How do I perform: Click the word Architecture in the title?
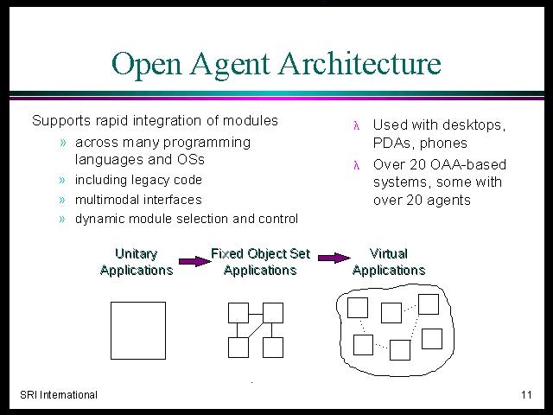point(360,63)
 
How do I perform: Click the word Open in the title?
point(146,64)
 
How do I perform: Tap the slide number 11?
point(526,394)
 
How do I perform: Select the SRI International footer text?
point(59,394)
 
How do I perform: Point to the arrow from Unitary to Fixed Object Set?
point(194,261)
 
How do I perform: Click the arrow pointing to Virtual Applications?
point(334,258)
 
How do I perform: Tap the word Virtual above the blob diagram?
point(388,253)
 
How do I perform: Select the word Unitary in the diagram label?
point(137,254)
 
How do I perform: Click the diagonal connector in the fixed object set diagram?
point(256,330)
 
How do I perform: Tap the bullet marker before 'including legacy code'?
point(62,181)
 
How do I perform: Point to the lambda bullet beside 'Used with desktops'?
point(357,125)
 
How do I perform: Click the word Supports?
point(61,121)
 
